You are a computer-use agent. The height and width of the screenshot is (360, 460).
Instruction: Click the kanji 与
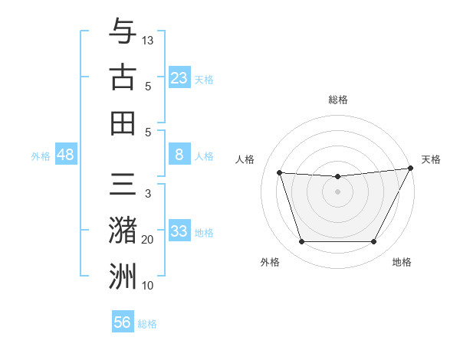click(122, 31)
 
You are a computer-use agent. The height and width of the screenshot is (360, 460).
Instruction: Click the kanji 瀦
click(122, 231)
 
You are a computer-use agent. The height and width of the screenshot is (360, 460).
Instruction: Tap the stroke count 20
click(148, 240)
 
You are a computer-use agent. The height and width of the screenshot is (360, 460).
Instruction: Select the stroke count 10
click(148, 286)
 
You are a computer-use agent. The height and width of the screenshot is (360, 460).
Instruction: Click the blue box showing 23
click(179, 77)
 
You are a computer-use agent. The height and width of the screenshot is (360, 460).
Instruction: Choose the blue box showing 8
click(179, 155)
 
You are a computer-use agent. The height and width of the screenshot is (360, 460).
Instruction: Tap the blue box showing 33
click(179, 231)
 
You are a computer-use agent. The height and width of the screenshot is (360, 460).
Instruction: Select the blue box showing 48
click(66, 155)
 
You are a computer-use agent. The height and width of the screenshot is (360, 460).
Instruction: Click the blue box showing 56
click(123, 322)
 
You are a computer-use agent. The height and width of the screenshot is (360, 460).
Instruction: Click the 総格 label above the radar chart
click(338, 100)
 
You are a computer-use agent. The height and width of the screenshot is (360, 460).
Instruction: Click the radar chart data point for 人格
click(279, 173)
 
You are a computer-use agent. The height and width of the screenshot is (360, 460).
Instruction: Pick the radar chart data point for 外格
click(301, 242)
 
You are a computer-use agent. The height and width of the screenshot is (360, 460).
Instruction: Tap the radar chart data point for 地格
click(374, 242)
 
